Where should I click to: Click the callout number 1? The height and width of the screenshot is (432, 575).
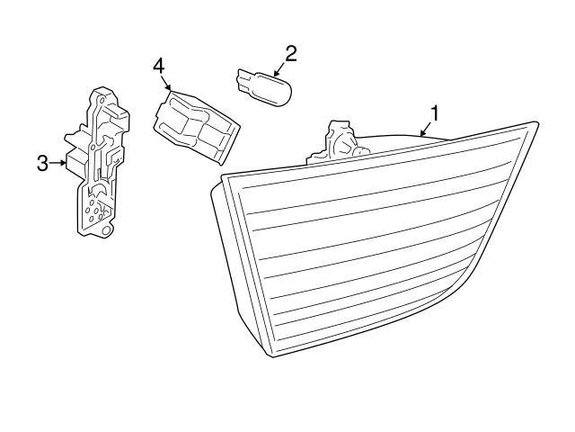coord(435,113)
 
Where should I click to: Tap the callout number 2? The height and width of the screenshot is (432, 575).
coord(290,54)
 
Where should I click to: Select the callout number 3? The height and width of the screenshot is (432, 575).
coord(42,164)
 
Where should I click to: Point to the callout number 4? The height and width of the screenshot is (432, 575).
coord(159,67)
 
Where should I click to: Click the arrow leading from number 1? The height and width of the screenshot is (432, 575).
coord(425,130)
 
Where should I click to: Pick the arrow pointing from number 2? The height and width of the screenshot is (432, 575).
coord(279,69)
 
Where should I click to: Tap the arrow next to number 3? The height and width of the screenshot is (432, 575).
coord(57,163)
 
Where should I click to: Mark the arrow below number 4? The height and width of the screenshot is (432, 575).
coord(165,83)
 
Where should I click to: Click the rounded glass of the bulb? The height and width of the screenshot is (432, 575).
coord(273,89)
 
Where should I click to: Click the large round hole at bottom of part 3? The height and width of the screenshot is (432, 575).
coord(106,230)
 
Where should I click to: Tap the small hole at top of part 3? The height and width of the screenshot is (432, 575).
coord(102,99)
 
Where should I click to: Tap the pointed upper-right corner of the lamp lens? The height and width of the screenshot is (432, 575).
coord(536,122)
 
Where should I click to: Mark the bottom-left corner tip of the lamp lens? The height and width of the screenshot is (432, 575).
coord(272,355)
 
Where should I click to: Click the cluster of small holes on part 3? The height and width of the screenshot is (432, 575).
coord(95,211)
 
